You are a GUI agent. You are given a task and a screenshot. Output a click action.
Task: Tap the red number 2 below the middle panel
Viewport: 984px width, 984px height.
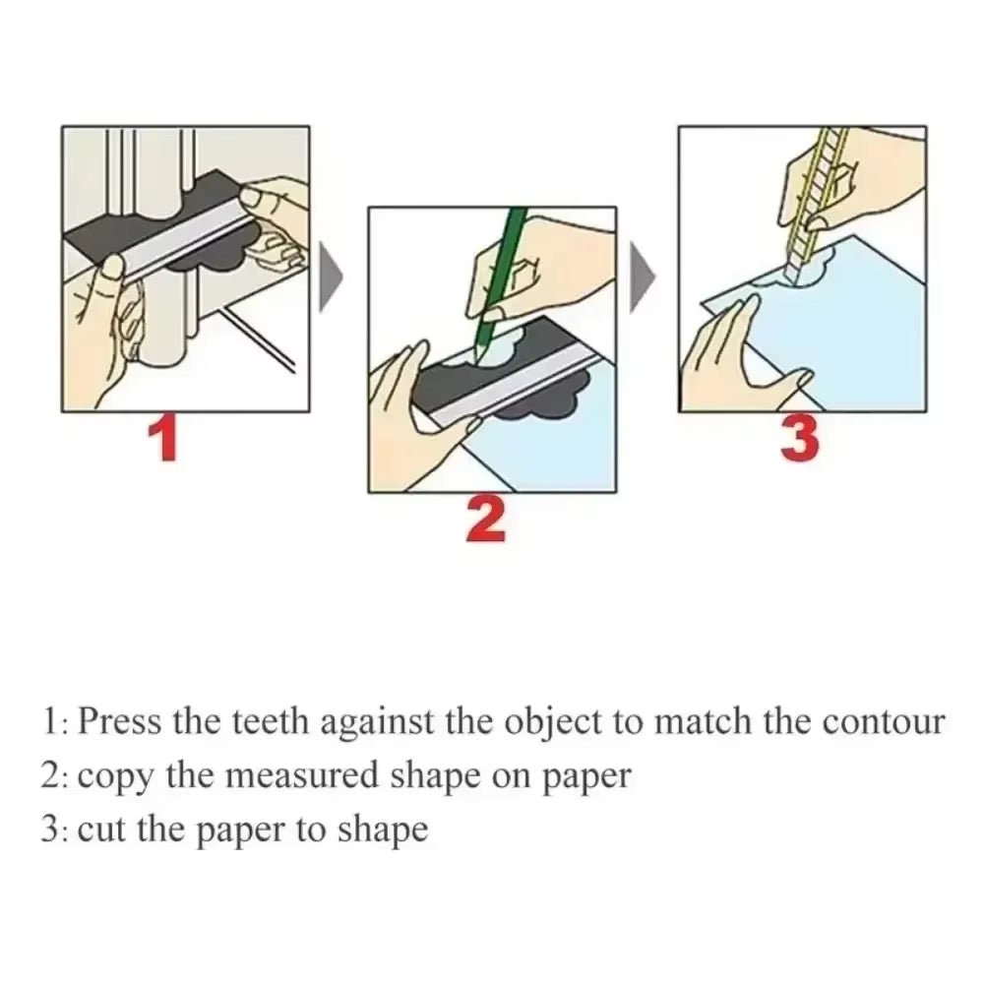point(486,521)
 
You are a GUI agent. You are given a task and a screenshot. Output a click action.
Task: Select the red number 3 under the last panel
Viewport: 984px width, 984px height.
point(799,439)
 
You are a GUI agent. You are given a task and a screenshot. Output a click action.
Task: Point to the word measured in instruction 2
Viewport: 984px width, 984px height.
point(285,776)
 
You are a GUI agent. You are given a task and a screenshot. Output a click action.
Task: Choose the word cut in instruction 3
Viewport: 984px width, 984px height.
point(101,830)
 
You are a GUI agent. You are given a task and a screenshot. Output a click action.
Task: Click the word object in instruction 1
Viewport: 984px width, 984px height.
point(552,723)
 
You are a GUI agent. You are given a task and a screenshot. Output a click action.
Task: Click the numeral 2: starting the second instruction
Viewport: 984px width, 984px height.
point(55,776)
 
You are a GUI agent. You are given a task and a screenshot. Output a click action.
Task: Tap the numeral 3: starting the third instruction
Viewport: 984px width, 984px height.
point(55,830)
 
